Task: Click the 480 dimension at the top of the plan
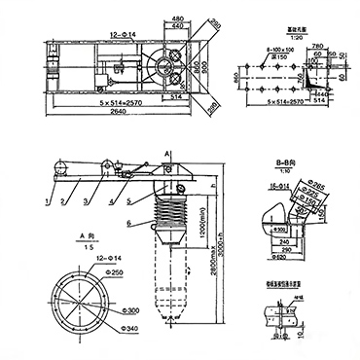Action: [x=178, y=18]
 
